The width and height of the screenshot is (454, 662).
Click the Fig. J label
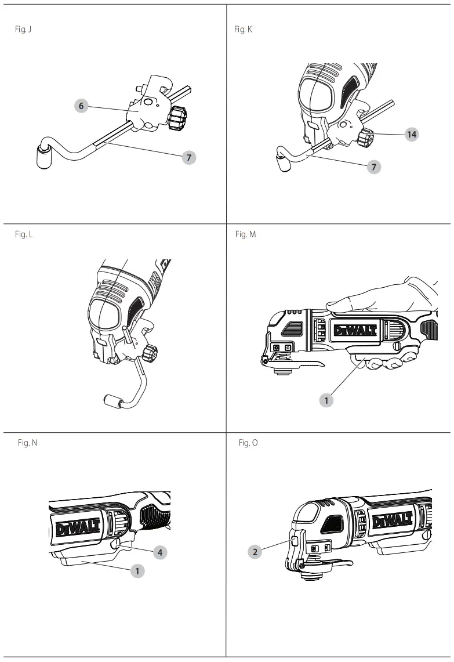[x=23, y=29]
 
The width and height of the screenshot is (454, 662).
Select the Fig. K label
[x=243, y=29]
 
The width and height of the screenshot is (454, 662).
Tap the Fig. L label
[x=24, y=234]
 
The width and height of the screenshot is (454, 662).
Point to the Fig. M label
[x=245, y=234]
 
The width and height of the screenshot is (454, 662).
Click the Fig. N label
[x=27, y=443]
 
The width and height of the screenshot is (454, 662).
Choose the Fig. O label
[x=248, y=443]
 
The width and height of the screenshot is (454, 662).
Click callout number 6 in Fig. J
[x=82, y=106]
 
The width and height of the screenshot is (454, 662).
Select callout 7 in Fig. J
[x=188, y=157]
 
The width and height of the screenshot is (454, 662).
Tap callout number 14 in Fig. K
[x=411, y=134]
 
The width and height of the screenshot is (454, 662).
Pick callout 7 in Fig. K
[x=374, y=167]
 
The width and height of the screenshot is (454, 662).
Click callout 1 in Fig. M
[x=326, y=400]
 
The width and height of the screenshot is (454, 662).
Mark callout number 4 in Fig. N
[x=159, y=552]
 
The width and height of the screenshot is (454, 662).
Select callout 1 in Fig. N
[x=137, y=571]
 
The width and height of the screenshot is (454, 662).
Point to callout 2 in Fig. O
[x=255, y=552]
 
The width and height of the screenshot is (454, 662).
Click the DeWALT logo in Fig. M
[x=355, y=330]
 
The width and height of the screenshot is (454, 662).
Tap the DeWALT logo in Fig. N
[x=78, y=527]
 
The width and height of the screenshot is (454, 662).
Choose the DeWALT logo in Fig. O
[x=393, y=520]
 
